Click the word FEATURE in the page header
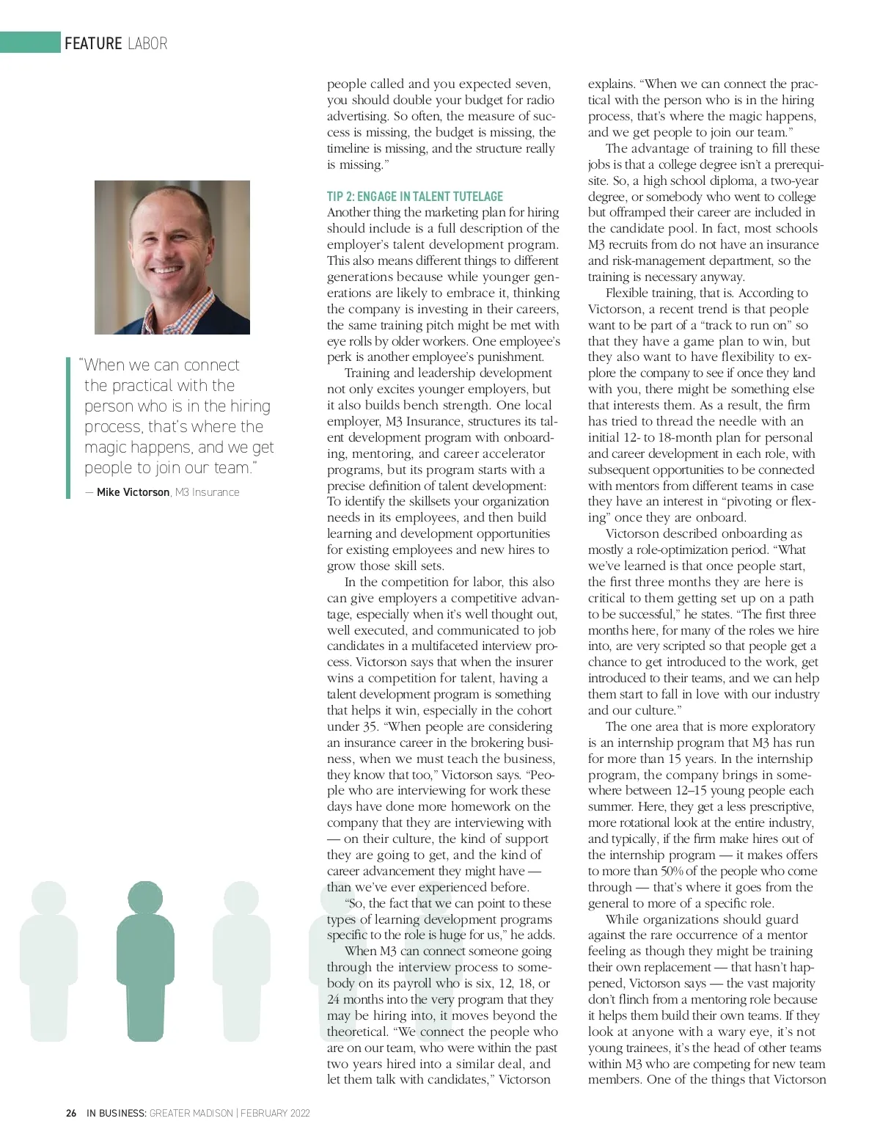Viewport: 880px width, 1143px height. (x=93, y=43)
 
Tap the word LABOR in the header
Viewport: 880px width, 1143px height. (x=147, y=43)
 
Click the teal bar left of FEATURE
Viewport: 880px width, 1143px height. (x=30, y=43)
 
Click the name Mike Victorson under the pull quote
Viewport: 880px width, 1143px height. (x=133, y=492)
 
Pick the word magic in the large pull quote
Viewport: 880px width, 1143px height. (x=108, y=447)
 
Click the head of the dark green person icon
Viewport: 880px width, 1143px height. (x=145, y=898)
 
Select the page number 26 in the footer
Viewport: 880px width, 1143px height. (x=71, y=1113)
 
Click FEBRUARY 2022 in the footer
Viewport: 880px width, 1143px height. (x=275, y=1113)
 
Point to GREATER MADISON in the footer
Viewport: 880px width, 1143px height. (x=191, y=1113)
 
